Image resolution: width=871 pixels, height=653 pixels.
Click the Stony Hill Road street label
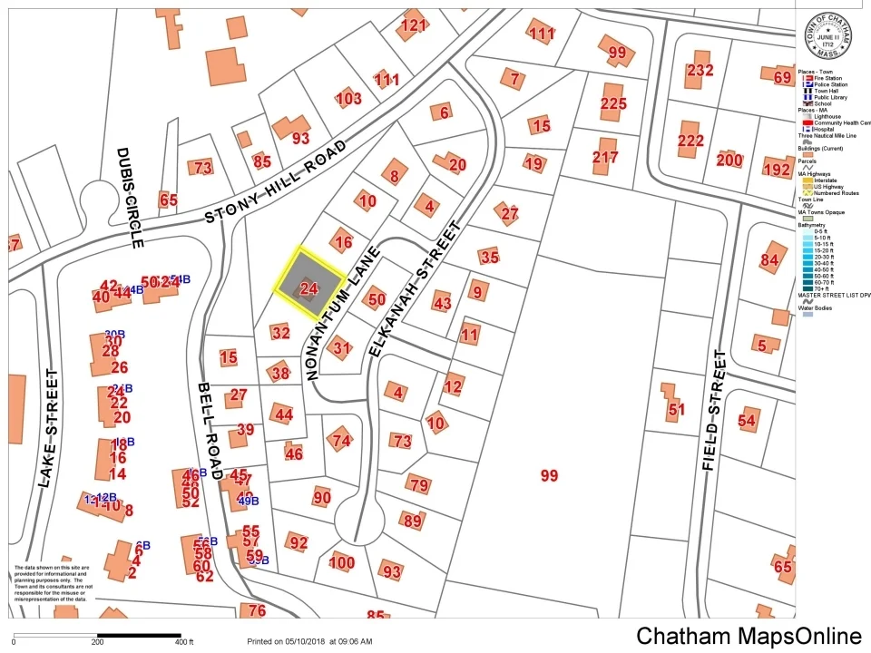[276, 181]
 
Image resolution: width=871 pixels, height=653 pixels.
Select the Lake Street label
[48, 428]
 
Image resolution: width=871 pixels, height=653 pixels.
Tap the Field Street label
[715, 409]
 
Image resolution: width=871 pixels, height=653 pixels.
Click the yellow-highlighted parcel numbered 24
[309, 288]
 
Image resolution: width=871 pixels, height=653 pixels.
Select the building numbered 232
[700, 71]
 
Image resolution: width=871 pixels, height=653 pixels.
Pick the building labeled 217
[605, 157]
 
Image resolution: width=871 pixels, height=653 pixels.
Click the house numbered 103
[348, 98]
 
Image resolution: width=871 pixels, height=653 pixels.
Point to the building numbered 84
[770, 261]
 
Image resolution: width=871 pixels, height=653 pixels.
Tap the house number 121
[413, 25]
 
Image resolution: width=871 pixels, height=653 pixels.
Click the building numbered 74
[341, 441]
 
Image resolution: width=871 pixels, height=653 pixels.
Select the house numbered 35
[490, 257]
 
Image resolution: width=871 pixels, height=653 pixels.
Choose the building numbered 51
[676, 409]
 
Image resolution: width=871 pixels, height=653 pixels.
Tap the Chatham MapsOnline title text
[749, 636]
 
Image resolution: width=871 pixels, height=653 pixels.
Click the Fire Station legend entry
[826, 79]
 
